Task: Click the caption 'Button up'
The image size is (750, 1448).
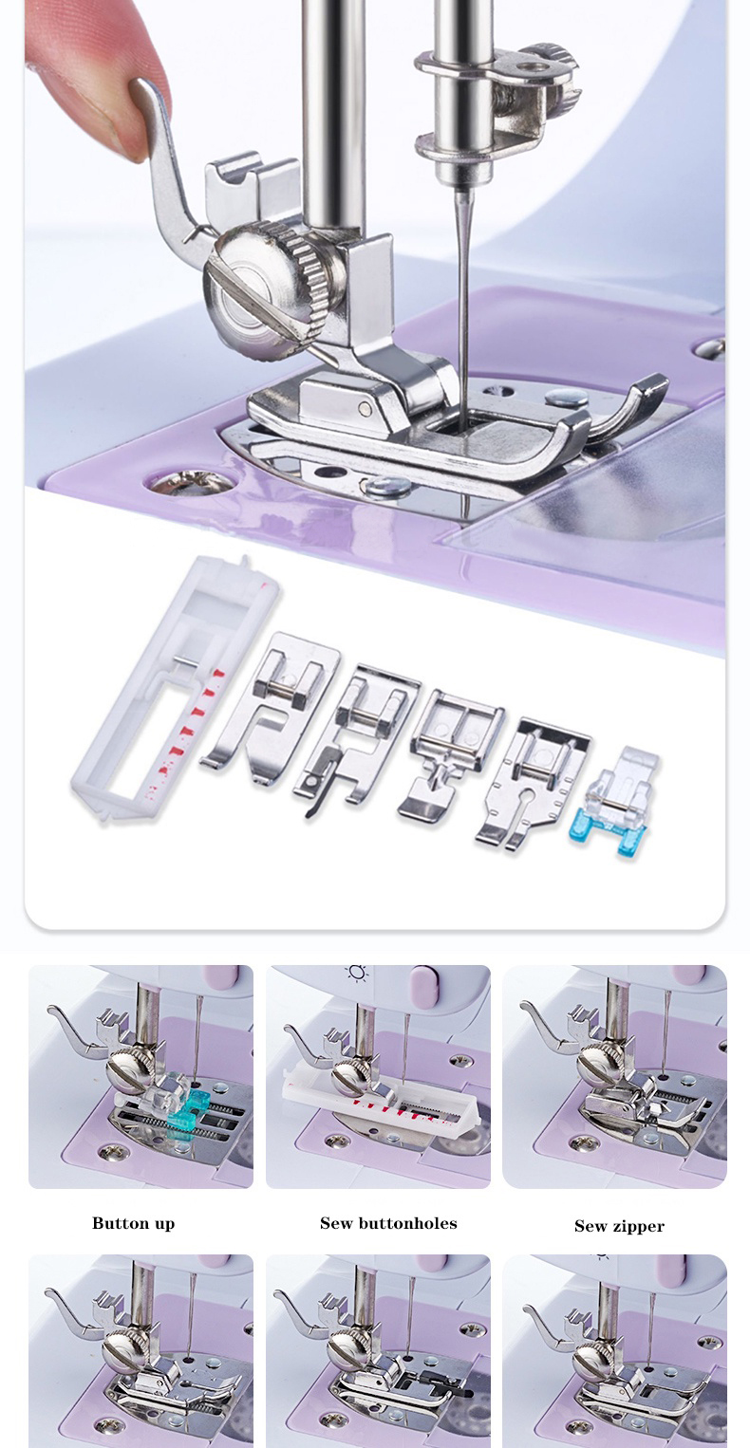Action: point(133,1223)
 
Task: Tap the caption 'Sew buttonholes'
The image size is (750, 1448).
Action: point(388,1223)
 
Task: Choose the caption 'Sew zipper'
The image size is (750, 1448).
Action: point(619,1226)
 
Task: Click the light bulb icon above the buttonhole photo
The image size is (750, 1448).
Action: point(357,973)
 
